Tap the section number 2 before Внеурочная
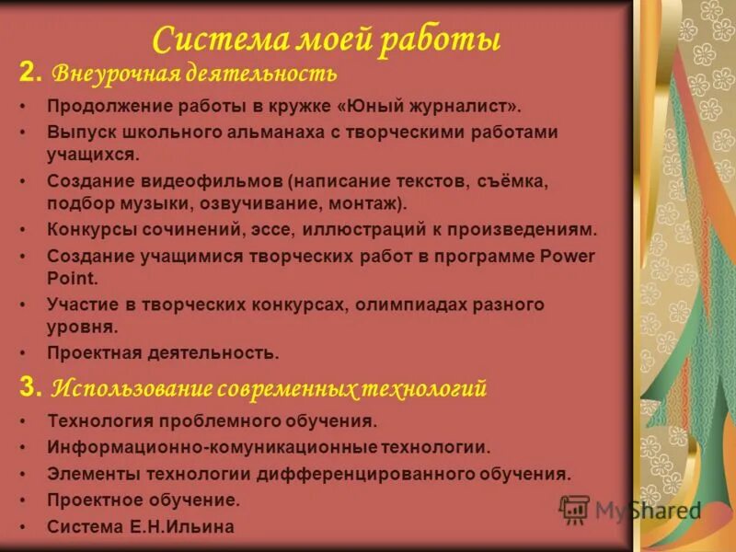29,72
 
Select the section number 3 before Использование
29,388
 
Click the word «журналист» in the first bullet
456,107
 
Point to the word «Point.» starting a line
72,278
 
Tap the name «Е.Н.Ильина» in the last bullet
190,528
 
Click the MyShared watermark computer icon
574,509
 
